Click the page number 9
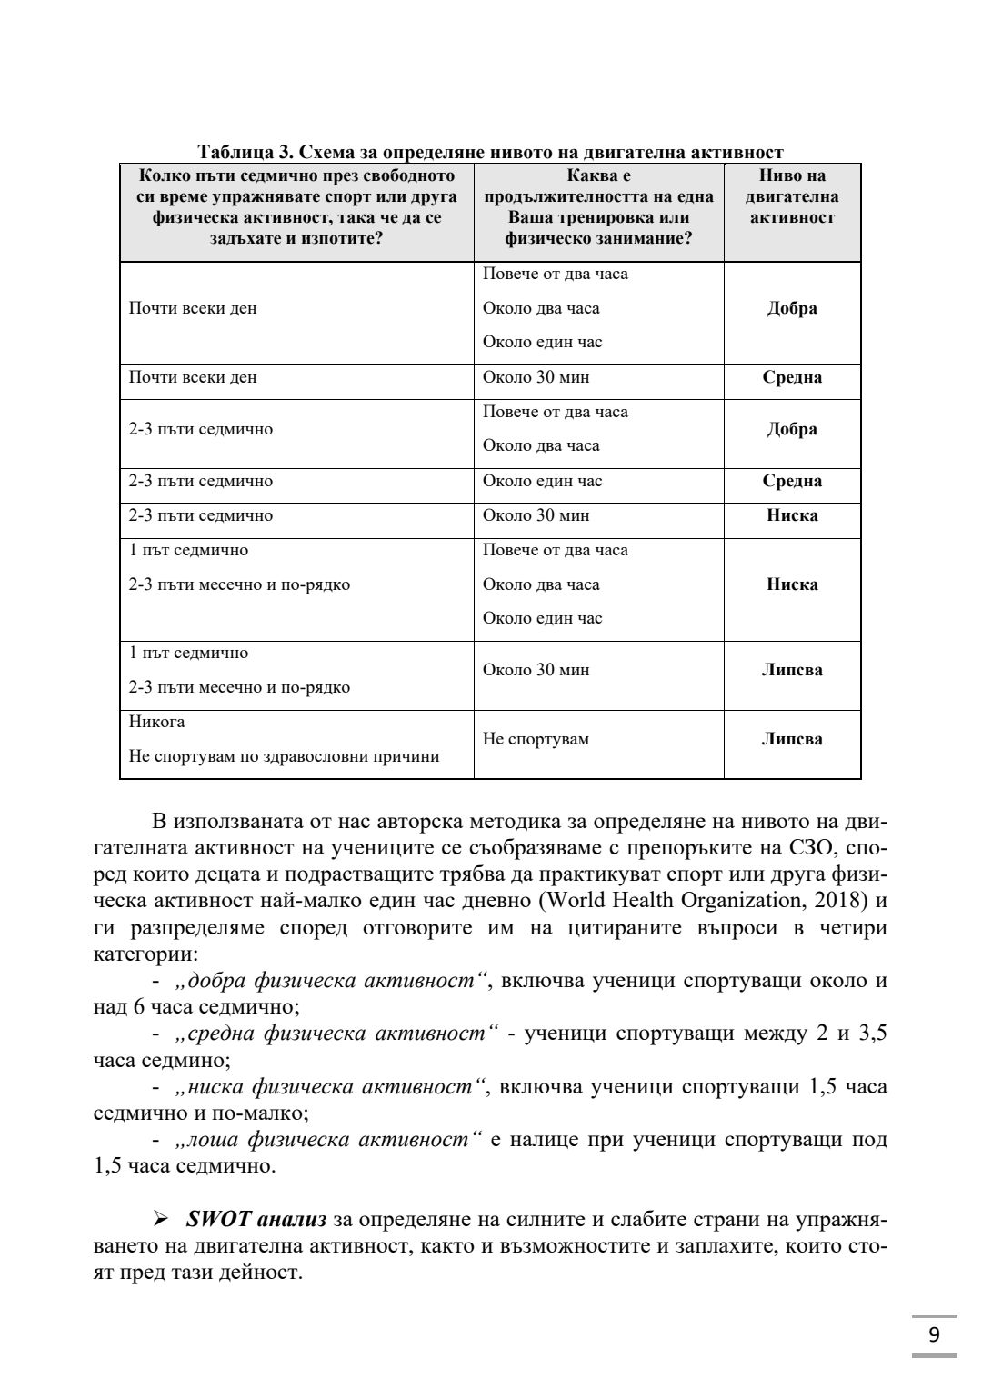pos(934,1335)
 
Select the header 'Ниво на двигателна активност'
pos(791,196)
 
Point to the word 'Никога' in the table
pos(156,722)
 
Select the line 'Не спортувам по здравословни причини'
pos(284,756)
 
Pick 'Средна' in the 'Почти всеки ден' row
pos(791,377)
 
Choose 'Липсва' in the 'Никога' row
pos(791,739)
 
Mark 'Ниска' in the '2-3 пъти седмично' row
pos(791,515)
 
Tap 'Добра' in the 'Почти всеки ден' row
pos(791,308)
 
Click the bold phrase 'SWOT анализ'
pos(256,1219)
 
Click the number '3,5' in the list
pos(873,1034)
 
